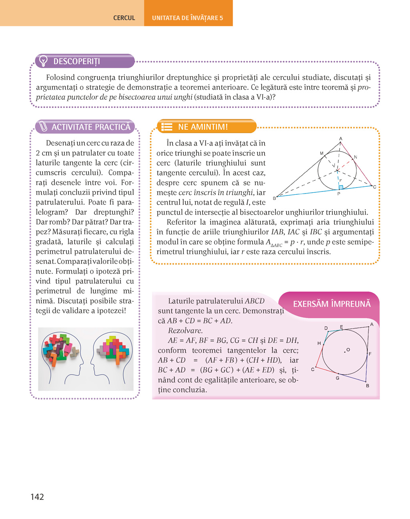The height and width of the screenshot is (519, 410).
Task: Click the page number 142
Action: click(x=37, y=497)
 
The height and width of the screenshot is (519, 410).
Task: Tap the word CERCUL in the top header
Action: click(x=124, y=18)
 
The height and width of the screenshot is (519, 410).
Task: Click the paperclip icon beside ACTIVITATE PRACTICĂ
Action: click(x=42, y=127)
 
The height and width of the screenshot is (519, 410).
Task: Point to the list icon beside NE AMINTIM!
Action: click(x=167, y=127)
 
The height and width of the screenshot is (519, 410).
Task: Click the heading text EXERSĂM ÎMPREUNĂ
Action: click(x=332, y=304)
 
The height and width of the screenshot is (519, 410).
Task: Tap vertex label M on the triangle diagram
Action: click(x=322, y=153)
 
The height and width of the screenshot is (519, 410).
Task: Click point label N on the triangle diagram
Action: click(x=356, y=157)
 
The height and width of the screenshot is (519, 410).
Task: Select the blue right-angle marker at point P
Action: click(x=341, y=187)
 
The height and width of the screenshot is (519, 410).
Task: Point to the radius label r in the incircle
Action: click(x=340, y=180)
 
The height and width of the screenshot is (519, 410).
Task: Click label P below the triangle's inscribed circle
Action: click(x=339, y=194)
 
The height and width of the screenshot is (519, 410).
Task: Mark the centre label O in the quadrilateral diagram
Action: click(x=348, y=349)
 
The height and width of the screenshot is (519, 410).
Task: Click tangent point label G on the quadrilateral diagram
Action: click(x=338, y=378)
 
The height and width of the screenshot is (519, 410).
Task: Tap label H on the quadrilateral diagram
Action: click(x=319, y=343)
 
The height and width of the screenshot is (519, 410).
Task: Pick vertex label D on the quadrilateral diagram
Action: click(x=326, y=328)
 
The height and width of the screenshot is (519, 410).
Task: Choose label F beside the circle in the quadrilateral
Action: click(x=370, y=354)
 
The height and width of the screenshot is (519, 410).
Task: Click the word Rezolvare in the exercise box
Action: click(x=185, y=331)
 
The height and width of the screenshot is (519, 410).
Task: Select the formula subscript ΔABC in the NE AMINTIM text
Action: click(x=277, y=245)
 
